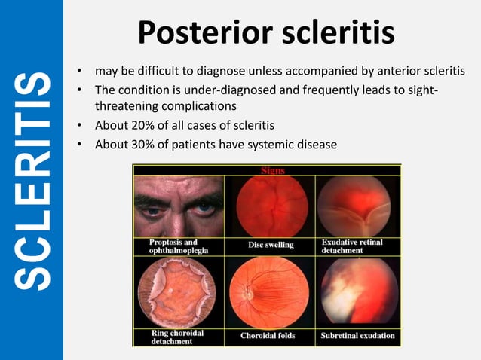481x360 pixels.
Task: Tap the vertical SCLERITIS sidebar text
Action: (x=32, y=181)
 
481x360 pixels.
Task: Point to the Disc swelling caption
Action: (x=271, y=245)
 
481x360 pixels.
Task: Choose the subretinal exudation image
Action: (x=357, y=293)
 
